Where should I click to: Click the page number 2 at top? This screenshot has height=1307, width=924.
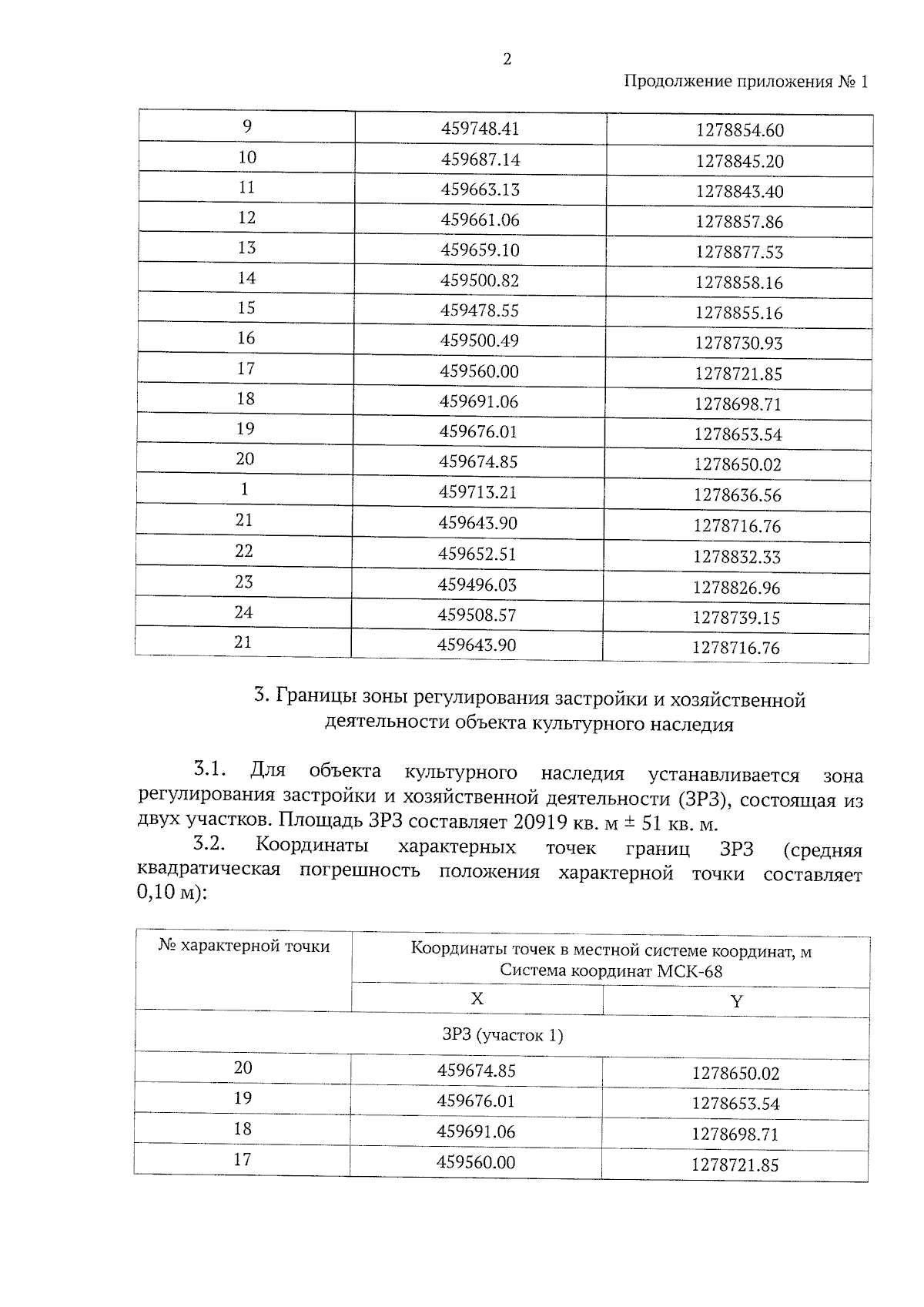click(x=507, y=59)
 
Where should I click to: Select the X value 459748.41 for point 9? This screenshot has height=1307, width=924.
click(x=480, y=129)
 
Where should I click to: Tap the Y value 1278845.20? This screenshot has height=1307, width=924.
click(x=739, y=162)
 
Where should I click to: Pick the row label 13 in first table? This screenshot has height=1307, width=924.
click(x=246, y=248)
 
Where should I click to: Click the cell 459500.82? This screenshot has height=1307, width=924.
click(x=479, y=281)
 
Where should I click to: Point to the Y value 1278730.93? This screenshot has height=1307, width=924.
click(x=738, y=344)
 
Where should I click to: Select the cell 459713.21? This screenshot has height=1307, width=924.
click(x=477, y=493)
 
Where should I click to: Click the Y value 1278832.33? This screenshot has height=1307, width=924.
click(x=737, y=557)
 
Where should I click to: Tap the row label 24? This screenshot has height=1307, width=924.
click(x=244, y=613)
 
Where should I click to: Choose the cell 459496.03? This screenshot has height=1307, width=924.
click(x=477, y=585)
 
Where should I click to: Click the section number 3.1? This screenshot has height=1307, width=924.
click(x=208, y=769)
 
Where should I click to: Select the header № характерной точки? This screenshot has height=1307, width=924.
click(x=244, y=947)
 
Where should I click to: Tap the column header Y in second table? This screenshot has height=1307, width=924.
click(x=736, y=1002)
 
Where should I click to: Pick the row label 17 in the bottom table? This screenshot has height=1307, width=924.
click(x=243, y=1160)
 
